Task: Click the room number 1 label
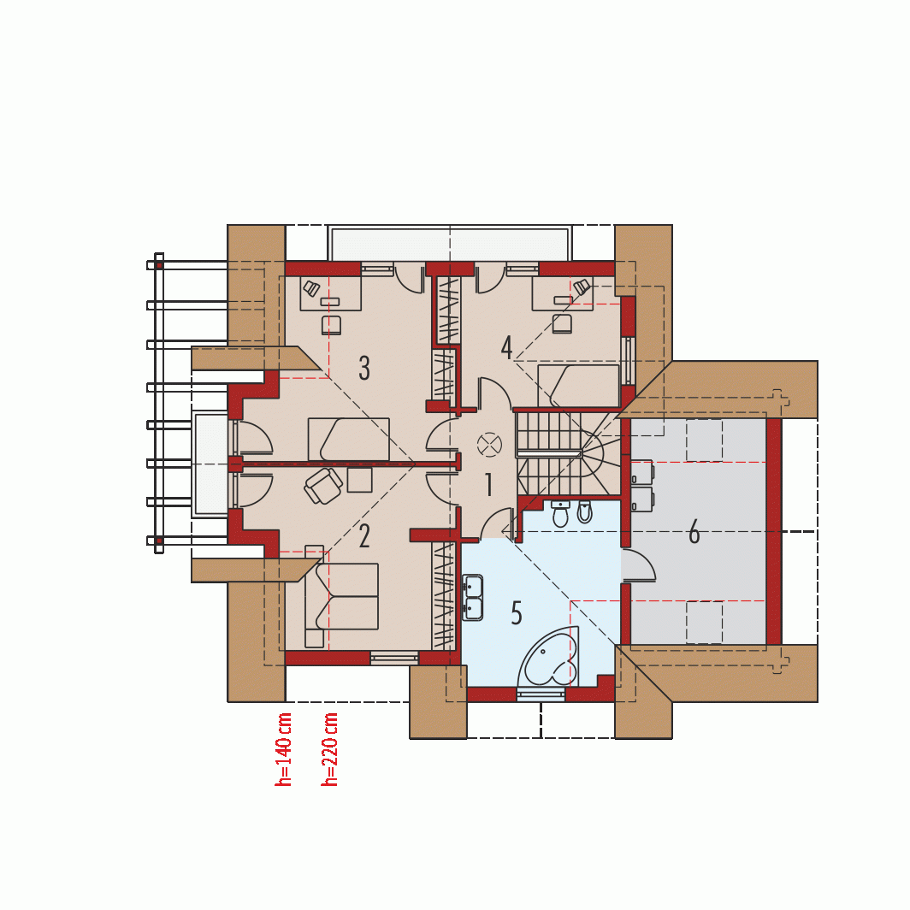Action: pyautogui.click(x=488, y=485)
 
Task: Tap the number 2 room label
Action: pyautogui.click(x=364, y=536)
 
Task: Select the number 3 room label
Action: pyautogui.click(x=364, y=368)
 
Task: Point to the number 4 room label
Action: pyautogui.click(x=506, y=347)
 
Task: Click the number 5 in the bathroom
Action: pyautogui.click(x=517, y=613)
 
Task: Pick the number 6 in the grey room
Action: pyautogui.click(x=694, y=532)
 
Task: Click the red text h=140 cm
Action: pyautogui.click(x=283, y=749)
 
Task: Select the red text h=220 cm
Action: pyautogui.click(x=329, y=749)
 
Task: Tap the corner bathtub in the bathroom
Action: pyautogui.click(x=549, y=656)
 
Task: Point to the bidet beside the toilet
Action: pyautogui.click(x=584, y=511)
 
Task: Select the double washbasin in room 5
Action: pyautogui.click(x=472, y=598)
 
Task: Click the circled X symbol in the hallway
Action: pyautogui.click(x=488, y=445)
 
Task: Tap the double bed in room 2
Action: pyautogui.click(x=341, y=596)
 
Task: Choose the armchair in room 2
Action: pyautogui.click(x=322, y=485)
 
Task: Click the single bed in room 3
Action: pyautogui.click(x=348, y=439)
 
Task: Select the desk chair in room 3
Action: pyautogui.click(x=331, y=325)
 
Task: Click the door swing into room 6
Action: pyautogui.click(x=638, y=565)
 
